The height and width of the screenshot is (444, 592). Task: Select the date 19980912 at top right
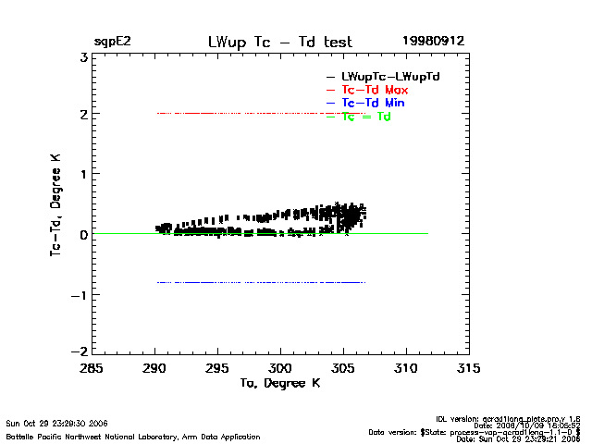(x=432, y=42)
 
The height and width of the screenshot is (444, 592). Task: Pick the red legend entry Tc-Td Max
(x=375, y=89)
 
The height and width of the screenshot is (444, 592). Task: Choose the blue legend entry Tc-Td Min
(x=373, y=103)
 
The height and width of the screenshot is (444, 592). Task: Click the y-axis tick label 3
(x=83, y=56)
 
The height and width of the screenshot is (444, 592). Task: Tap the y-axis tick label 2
(x=83, y=115)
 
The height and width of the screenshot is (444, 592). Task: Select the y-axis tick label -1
(x=80, y=294)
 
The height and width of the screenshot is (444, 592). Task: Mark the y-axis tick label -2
(x=80, y=352)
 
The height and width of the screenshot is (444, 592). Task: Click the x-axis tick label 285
(x=92, y=369)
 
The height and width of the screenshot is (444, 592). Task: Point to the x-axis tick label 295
(x=217, y=369)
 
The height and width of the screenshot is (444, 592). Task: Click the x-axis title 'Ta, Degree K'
(x=279, y=383)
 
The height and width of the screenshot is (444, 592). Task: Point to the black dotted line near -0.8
(x=259, y=282)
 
